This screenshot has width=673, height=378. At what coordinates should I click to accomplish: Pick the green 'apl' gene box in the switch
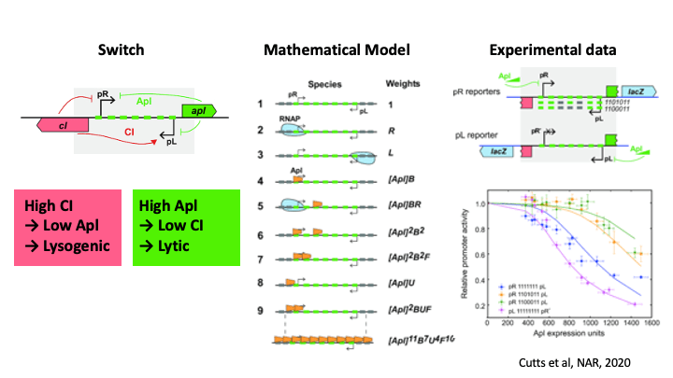pos(202,110)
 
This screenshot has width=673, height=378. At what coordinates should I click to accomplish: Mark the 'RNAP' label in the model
pos(289,119)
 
